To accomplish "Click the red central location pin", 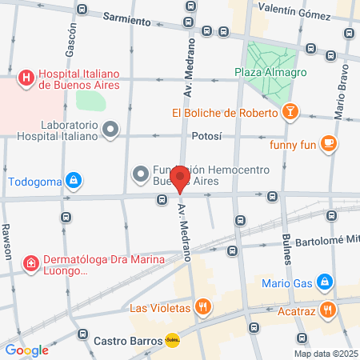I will [x=180, y=179].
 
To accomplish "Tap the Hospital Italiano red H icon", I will [x=26, y=78].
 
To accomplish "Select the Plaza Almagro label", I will [x=260, y=73].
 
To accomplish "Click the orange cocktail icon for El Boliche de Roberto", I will [x=292, y=113].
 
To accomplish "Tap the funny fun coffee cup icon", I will [x=327, y=143].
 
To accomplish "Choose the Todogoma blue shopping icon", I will [x=74, y=180].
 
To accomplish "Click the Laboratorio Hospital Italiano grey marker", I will [x=110, y=129].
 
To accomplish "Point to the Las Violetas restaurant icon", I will [x=205, y=306].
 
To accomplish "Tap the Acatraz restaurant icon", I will [x=326, y=309].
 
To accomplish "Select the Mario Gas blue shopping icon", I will [x=324, y=282].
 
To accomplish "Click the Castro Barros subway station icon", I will [x=171, y=340].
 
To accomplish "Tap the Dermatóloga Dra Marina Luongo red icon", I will [x=30, y=262].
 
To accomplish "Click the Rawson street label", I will [x=8, y=239].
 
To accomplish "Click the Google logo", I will [x=26, y=350].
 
